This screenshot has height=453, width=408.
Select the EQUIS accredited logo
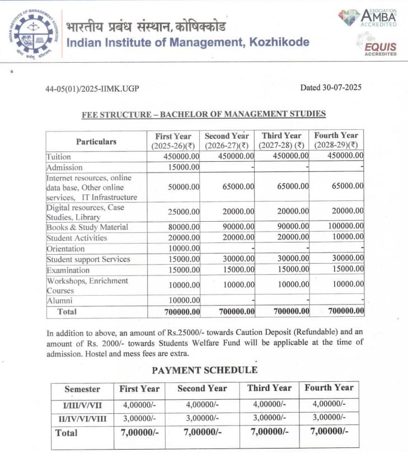[379, 45]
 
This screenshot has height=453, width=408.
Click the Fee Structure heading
[204, 114]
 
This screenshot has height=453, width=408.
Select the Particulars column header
[96, 142]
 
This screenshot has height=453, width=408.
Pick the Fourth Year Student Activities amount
[345, 237]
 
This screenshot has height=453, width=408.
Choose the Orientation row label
[65, 249]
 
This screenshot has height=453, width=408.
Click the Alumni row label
[60, 301]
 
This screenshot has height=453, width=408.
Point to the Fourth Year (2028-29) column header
[336, 141]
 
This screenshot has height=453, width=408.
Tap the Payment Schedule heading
[205, 370]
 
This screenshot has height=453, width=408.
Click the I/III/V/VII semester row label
[82, 404]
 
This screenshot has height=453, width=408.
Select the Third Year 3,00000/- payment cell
[269, 418]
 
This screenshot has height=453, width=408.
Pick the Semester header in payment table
[82, 389]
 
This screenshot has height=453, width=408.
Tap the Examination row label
[68, 270]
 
